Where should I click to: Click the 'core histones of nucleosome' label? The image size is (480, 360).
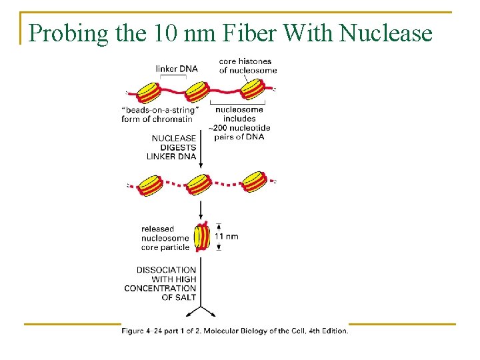point(247,66)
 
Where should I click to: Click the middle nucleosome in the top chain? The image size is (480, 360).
point(198,89)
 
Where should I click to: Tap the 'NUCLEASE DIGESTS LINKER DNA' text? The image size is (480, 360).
point(171,147)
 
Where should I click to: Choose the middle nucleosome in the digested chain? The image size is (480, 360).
point(199,182)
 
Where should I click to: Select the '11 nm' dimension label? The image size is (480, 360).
point(226,237)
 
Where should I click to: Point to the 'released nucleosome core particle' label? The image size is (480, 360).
point(165,238)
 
